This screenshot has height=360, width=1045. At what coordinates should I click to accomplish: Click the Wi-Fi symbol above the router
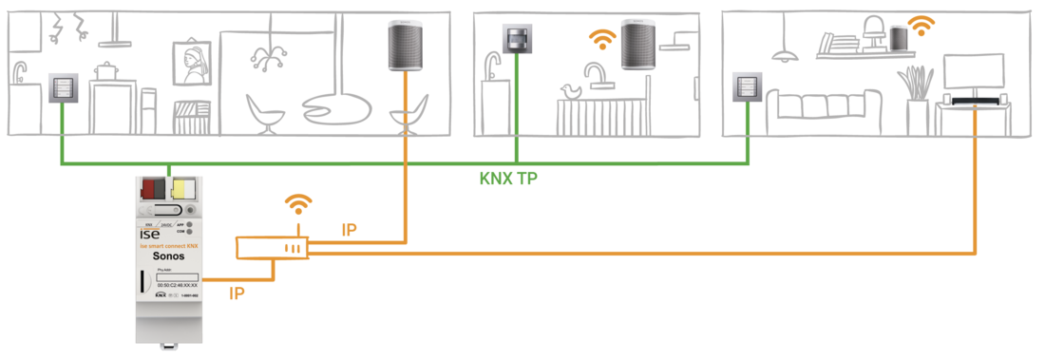pos(299,202)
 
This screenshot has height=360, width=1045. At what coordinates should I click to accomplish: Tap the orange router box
pos(273,247)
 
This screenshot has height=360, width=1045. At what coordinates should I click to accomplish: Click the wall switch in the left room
pos(62,91)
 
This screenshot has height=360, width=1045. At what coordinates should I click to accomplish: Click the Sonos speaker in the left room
pos(407,47)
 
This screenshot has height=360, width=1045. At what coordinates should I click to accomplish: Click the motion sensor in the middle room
pos(517,39)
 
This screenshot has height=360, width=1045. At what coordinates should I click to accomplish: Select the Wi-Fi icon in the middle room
pos(599,38)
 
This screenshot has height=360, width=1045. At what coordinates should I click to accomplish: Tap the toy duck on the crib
pos(572,92)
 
